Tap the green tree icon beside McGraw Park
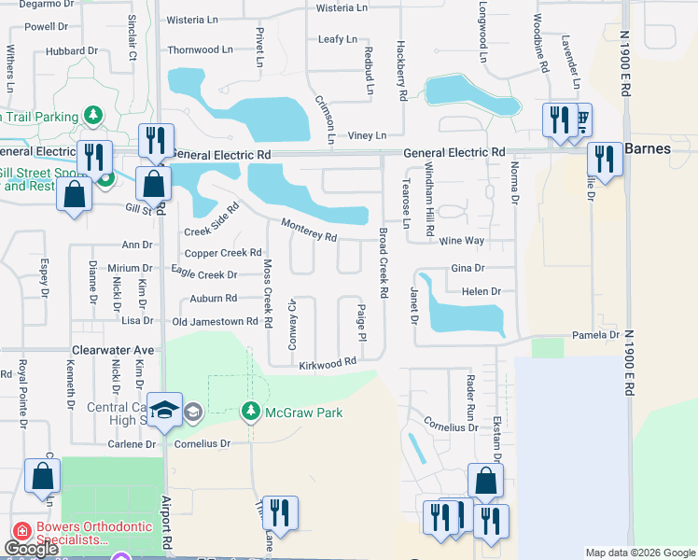(250, 411)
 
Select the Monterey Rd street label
(310, 231)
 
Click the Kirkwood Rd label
(328, 362)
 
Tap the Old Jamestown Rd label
(215, 322)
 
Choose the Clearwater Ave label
(113, 350)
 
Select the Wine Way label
(462, 241)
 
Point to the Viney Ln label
(367, 135)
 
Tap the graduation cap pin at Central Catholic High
(165, 412)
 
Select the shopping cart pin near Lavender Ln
(579, 120)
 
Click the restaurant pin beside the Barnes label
(605, 158)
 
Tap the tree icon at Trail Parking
(93, 116)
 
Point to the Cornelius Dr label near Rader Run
(452, 427)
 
